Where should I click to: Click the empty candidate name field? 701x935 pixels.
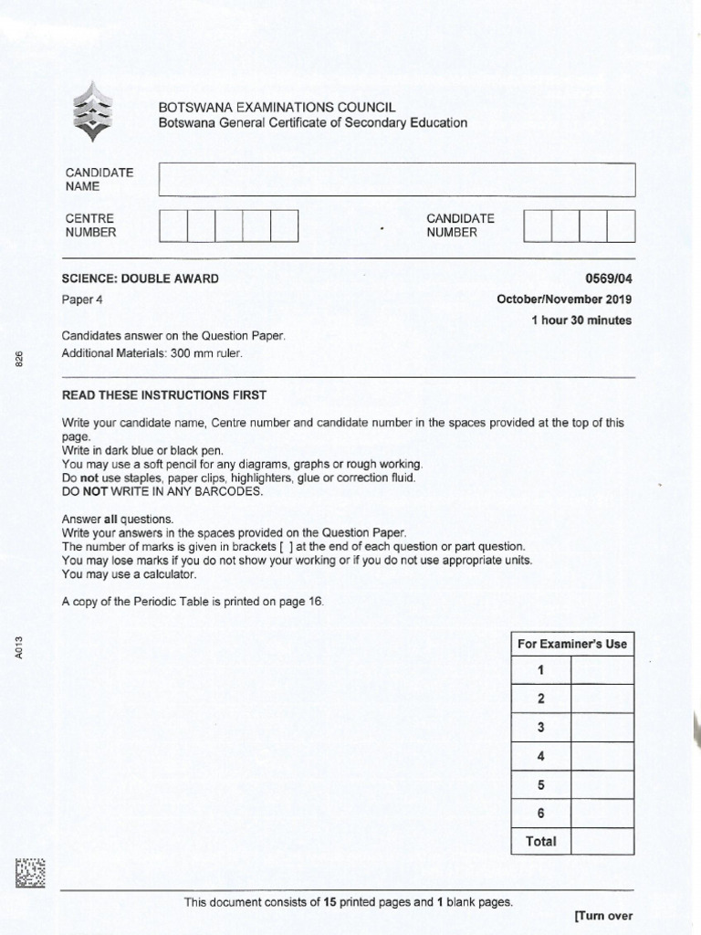[x=396, y=179]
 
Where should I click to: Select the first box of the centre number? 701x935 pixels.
[x=173, y=226]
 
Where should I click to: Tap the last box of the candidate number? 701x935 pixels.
[x=621, y=226]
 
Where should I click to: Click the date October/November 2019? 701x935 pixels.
[x=564, y=299]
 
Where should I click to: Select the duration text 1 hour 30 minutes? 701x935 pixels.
[x=581, y=320]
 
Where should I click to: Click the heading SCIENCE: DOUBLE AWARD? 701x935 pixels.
[x=140, y=278]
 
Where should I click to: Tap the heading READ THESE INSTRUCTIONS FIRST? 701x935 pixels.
[x=163, y=394]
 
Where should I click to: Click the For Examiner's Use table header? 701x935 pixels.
[x=572, y=644]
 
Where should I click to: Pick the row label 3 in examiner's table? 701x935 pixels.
[x=540, y=728]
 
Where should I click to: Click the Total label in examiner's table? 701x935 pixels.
[x=540, y=841]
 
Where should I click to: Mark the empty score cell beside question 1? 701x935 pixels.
[x=602, y=671]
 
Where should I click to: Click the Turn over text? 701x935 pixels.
[x=603, y=917]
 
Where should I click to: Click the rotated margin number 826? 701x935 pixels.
[x=19, y=360]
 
